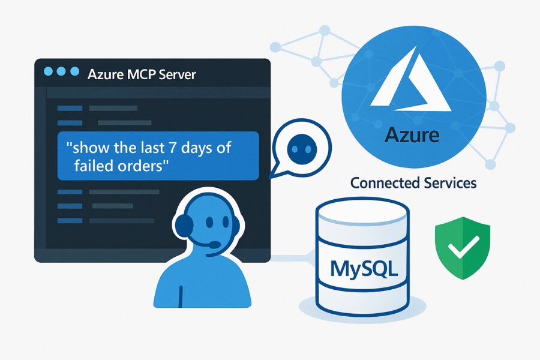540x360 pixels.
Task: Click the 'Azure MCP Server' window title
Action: (x=142, y=75)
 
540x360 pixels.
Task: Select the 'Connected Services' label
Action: (x=413, y=182)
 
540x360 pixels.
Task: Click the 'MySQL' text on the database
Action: (x=364, y=268)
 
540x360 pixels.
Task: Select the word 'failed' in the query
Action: (x=98, y=166)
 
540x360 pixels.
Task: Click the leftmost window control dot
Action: (x=48, y=71)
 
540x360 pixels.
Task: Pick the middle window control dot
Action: (x=61, y=71)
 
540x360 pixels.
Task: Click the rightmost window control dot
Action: (x=74, y=71)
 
